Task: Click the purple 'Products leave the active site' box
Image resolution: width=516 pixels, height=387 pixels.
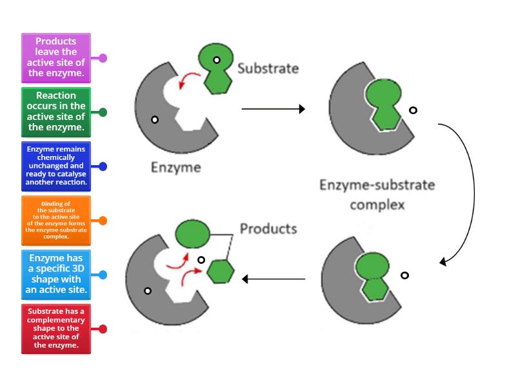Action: (x=56, y=58)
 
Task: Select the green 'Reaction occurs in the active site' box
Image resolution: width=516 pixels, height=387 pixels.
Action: (x=56, y=112)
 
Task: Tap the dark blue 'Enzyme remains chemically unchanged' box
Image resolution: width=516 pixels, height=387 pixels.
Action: (x=56, y=166)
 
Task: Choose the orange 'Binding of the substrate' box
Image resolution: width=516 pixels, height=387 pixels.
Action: (x=56, y=221)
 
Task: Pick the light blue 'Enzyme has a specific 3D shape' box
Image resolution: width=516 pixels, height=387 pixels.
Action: (x=56, y=275)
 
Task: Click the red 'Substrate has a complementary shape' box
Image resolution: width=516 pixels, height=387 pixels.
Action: (x=56, y=329)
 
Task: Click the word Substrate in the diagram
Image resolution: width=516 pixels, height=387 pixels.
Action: (x=268, y=68)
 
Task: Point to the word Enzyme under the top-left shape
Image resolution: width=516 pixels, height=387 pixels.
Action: (x=175, y=168)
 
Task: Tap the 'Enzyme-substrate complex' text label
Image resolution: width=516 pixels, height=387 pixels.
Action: (x=377, y=195)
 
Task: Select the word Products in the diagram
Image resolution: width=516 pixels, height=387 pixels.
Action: (x=268, y=228)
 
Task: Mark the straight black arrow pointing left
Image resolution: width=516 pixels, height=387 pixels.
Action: (x=273, y=279)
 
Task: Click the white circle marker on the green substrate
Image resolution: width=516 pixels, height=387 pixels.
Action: (x=217, y=60)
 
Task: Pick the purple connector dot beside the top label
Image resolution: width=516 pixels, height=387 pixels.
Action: (x=103, y=58)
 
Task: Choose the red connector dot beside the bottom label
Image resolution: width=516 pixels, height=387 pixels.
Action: (x=103, y=329)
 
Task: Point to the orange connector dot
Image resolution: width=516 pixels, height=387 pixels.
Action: (x=103, y=221)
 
